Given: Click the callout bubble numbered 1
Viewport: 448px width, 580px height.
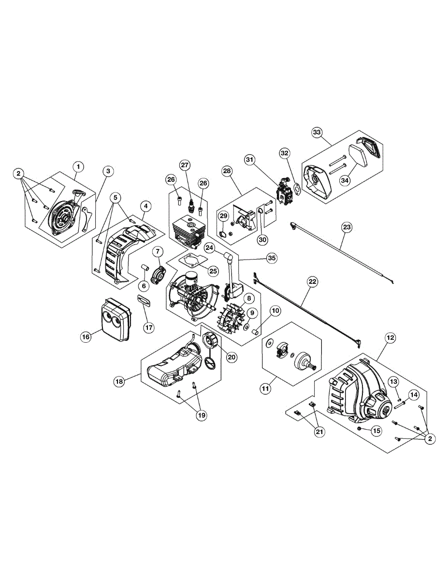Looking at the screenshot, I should (x=78, y=166).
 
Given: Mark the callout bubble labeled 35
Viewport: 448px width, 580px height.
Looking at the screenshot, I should (x=272, y=258).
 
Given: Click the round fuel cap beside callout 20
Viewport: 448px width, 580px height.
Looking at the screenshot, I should (x=210, y=341).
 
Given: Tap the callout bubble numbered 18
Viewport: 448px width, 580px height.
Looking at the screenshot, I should (x=119, y=381).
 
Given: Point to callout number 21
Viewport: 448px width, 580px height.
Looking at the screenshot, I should (x=319, y=432).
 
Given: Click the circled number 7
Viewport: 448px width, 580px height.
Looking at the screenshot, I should (x=158, y=252).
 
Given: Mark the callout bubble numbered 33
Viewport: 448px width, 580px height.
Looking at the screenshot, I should (x=317, y=133).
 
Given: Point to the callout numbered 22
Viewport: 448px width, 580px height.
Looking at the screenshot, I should (x=313, y=281).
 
